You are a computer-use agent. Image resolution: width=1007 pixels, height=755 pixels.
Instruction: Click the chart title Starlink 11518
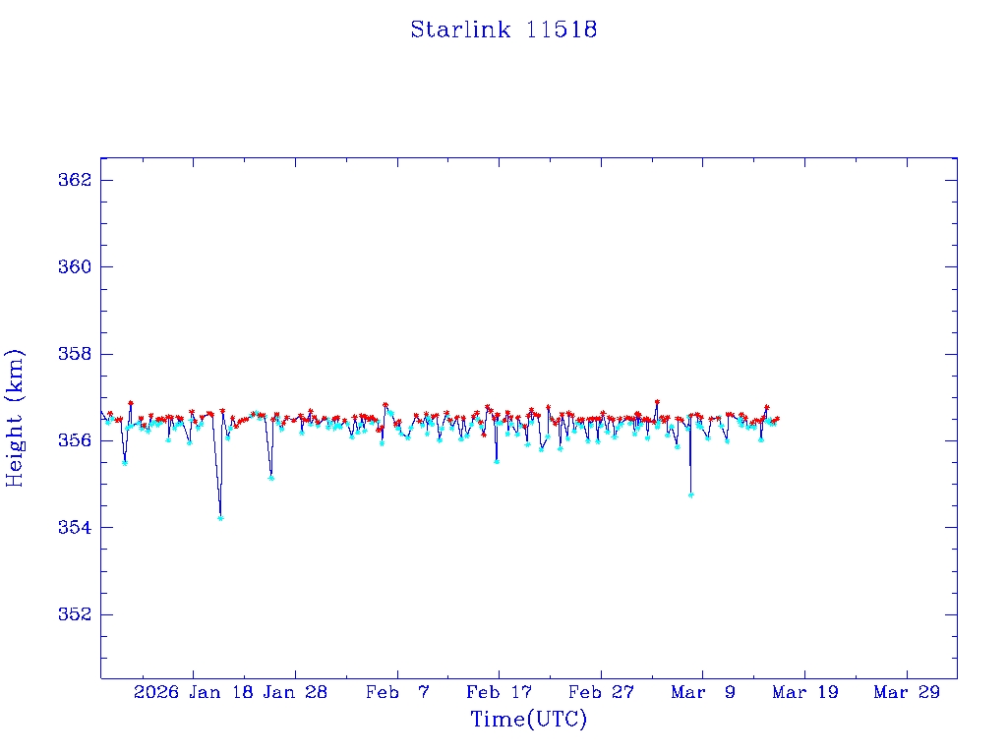pos(503,29)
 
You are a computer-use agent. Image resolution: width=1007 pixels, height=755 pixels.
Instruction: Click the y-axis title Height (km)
pos(16,417)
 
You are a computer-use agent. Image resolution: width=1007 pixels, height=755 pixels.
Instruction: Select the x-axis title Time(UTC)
pos(528,720)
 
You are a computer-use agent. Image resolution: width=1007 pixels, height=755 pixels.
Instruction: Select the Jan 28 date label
pos(296,692)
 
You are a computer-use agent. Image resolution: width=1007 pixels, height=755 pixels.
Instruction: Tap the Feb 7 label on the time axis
pos(397,692)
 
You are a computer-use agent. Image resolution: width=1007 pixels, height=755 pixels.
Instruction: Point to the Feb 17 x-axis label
pos(500,692)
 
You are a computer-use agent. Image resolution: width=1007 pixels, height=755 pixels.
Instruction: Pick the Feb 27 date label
pos(602,692)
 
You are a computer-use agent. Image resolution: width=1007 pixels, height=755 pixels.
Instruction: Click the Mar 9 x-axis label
pos(703,692)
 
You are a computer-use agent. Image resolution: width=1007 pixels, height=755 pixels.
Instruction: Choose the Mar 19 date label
pos(805,692)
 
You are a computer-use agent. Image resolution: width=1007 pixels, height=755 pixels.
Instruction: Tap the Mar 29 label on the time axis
pos(908,692)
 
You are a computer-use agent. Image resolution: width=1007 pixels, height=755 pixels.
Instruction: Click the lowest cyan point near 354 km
pos(220,517)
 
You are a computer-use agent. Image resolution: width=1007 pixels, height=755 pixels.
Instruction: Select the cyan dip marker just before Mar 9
pos(691,494)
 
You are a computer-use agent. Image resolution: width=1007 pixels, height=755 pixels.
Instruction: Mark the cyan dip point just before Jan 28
pos(270,478)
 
